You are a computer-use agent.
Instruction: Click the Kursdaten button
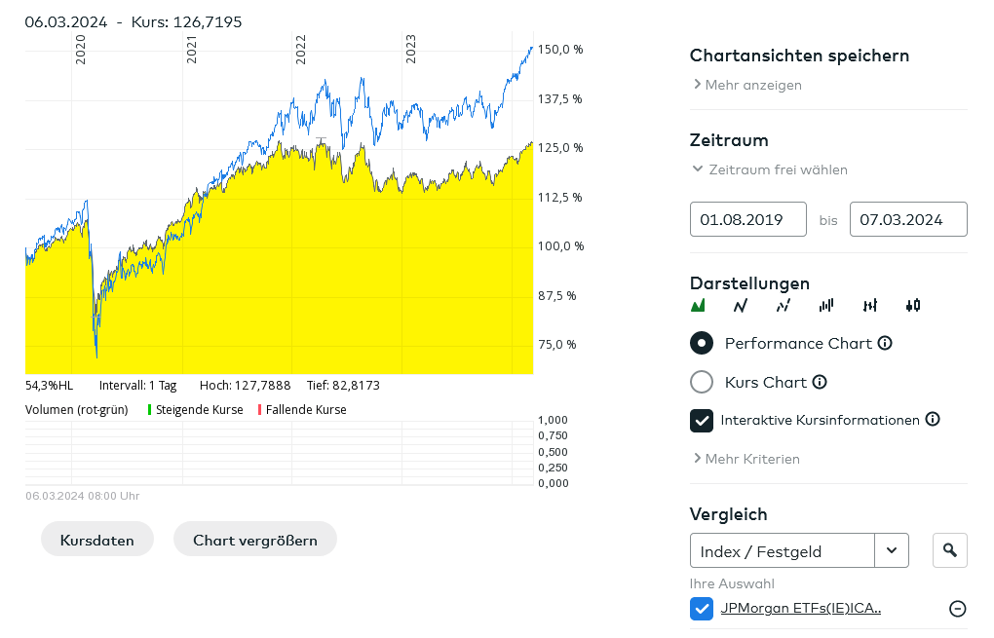coord(97,540)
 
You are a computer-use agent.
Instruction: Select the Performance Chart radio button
coord(702,343)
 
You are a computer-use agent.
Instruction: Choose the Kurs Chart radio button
coord(702,382)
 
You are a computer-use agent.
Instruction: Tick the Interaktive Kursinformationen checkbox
coord(702,420)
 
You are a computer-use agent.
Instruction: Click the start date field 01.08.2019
coord(748,219)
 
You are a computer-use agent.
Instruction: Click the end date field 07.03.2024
coord(908,219)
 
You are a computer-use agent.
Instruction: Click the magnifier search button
coord(950,551)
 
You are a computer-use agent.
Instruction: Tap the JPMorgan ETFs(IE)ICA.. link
coord(800,609)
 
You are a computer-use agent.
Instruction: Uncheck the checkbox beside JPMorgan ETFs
coord(702,609)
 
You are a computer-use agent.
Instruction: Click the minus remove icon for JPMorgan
coord(958,609)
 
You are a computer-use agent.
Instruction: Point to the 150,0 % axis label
coord(560,50)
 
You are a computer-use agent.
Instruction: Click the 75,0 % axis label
coord(558,344)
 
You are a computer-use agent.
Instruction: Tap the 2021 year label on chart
coord(191,50)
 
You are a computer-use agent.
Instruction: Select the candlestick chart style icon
coord(913,305)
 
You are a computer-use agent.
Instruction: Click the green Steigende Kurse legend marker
coord(150,410)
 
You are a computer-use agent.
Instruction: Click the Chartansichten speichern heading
coord(799,56)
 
